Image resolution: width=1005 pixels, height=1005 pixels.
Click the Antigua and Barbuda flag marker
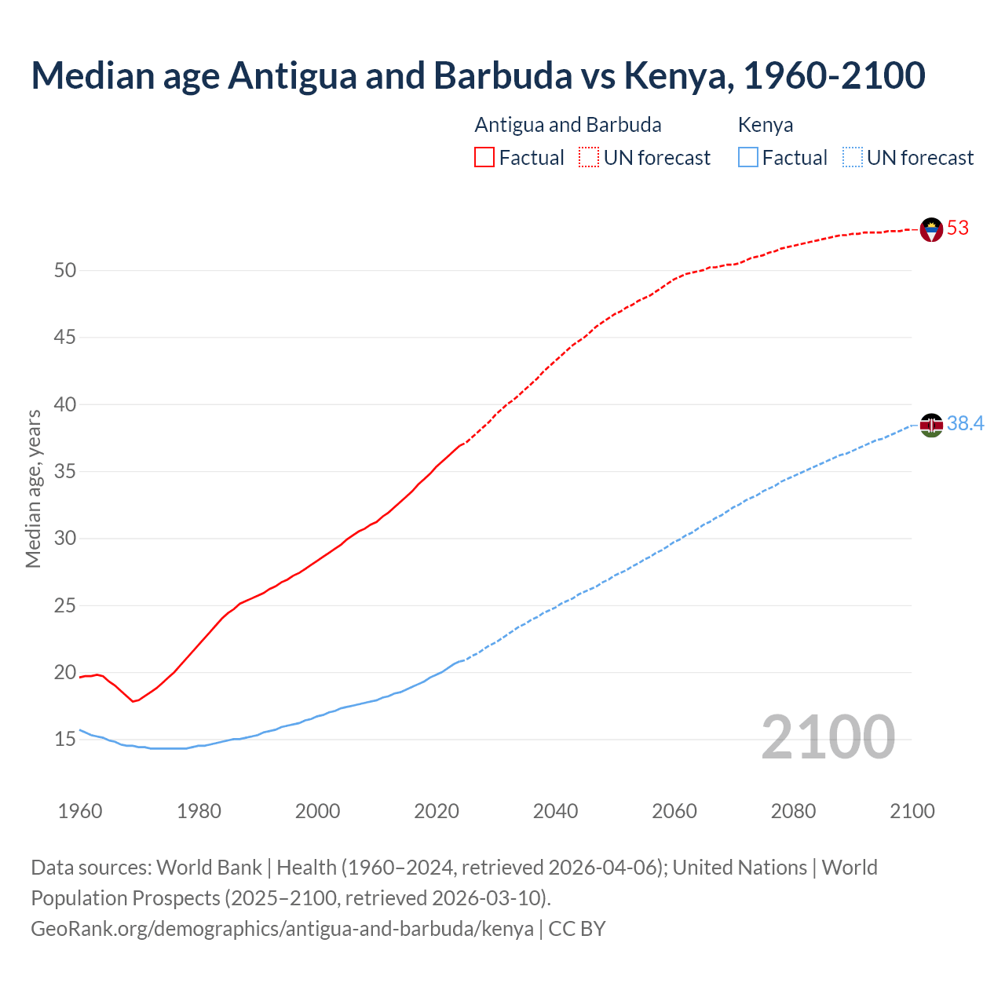click(x=931, y=229)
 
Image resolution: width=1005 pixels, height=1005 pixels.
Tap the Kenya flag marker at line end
click(x=931, y=425)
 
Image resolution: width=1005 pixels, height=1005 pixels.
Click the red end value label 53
click(x=958, y=228)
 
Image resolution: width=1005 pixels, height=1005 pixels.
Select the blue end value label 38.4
click(x=965, y=424)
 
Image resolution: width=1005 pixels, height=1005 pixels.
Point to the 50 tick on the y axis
click(x=65, y=271)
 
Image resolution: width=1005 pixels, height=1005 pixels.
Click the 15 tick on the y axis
click(x=65, y=740)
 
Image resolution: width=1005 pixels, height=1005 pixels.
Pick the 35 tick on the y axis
click(x=65, y=472)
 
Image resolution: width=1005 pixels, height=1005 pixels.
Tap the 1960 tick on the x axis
click(x=80, y=811)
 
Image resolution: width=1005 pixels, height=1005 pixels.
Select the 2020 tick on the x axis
click(x=437, y=811)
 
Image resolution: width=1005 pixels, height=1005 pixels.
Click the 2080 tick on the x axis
click(x=793, y=811)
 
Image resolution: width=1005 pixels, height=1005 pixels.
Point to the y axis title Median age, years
click(x=33, y=488)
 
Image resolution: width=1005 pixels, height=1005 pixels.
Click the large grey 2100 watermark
click(x=828, y=737)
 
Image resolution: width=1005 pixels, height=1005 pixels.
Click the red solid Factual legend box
click(x=484, y=158)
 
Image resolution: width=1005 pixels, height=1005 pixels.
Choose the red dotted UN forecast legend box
click(x=589, y=158)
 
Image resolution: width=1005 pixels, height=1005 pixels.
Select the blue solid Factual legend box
click(x=748, y=158)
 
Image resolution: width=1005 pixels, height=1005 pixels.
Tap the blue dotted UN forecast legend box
click(x=853, y=158)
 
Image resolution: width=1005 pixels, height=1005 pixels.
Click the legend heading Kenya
click(x=766, y=125)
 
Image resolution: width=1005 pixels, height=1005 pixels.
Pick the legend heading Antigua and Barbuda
click(x=568, y=125)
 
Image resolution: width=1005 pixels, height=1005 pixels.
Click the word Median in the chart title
click(x=93, y=75)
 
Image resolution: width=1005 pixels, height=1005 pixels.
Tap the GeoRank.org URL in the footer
click(x=282, y=929)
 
